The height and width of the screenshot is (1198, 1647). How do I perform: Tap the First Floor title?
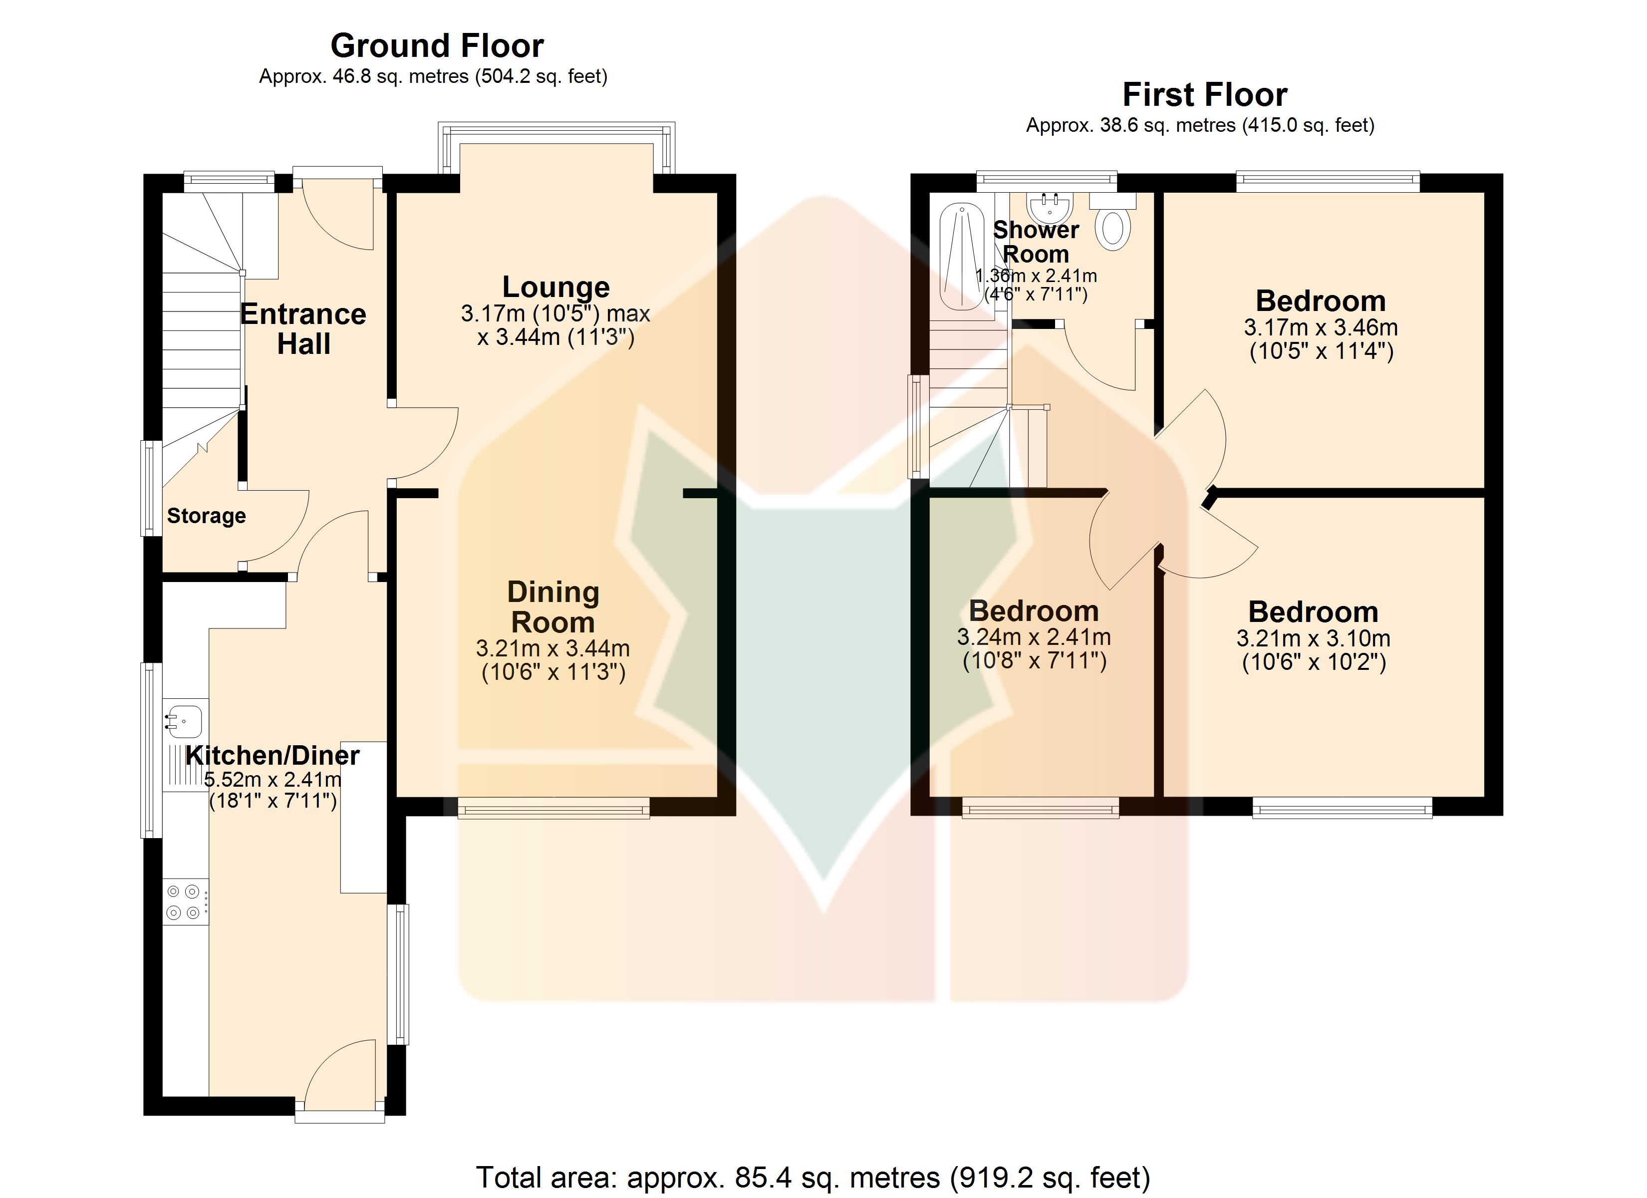tap(1205, 94)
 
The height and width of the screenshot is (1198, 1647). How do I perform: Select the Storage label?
tap(206, 516)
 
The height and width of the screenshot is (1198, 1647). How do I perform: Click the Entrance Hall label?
tap(303, 329)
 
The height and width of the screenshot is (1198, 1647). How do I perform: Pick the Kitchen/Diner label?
tap(273, 756)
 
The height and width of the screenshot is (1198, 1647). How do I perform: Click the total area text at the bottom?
tap(813, 1178)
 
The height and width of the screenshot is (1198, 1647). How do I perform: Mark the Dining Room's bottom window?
tap(553, 808)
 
